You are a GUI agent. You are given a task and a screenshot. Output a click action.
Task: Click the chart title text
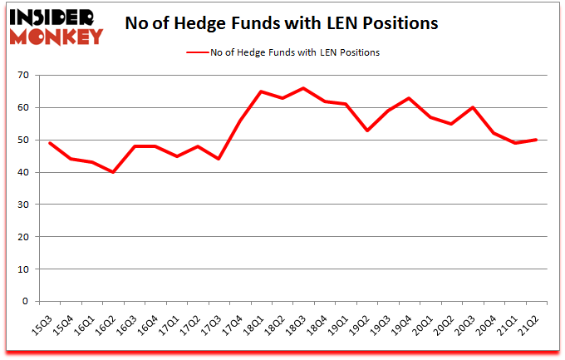(282, 24)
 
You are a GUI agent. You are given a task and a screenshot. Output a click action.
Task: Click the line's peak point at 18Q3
(303, 88)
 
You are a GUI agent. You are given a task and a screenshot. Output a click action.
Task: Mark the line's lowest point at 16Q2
(112, 172)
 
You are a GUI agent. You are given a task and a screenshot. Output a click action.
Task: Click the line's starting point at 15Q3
(49, 143)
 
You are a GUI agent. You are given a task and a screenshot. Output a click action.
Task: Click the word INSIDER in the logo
(52, 17)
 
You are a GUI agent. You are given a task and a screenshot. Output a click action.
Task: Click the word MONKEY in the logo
(56, 37)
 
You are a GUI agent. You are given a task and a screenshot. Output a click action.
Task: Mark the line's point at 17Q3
(219, 159)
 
